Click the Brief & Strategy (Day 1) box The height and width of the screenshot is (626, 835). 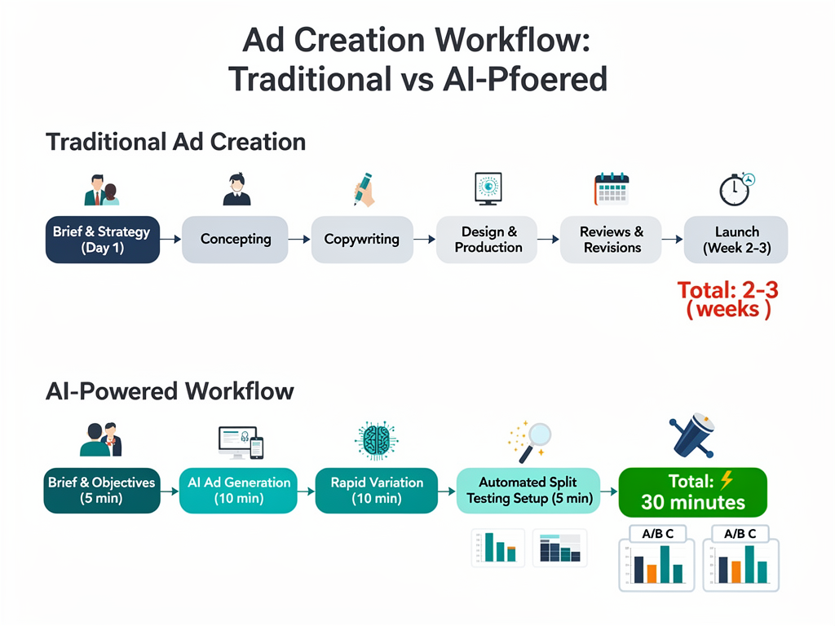point(102,240)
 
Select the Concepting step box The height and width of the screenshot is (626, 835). point(235,240)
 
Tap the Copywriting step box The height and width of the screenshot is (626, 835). point(361,240)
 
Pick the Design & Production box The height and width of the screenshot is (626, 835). point(488,240)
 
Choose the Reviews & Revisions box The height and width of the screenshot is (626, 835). point(612,240)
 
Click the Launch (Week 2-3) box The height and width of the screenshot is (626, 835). point(736,240)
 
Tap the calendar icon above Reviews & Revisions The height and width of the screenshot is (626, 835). point(612,188)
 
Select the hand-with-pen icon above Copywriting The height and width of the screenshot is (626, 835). point(363,188)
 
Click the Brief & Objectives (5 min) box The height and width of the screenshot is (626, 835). point(101,491)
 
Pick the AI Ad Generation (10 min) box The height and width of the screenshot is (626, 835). point(239,491)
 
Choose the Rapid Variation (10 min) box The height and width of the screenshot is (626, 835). point(377,491)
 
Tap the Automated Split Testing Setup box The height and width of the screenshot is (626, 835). point(529,491)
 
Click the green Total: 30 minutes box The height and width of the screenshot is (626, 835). point(693,492)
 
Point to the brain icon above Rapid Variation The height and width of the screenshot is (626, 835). point(377,440)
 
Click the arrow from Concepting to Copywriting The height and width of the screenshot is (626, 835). point(299,240)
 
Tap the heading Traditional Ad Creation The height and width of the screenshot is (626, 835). point(175,142)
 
